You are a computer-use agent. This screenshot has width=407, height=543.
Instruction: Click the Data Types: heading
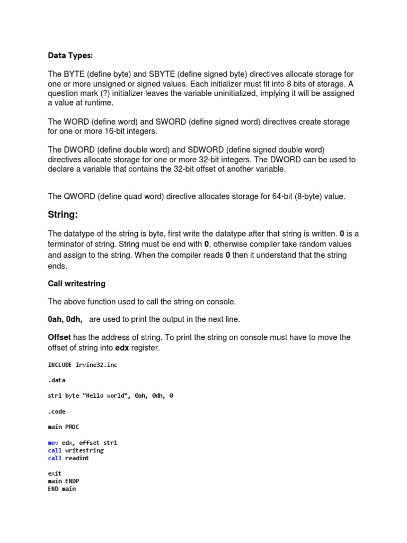tap(70, 55)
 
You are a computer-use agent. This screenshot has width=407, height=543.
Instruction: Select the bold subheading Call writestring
tap(76, 284)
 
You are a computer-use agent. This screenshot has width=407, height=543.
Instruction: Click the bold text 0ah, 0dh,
tap(65, 319)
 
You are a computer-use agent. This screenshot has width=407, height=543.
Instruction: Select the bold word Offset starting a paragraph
tap(59, 338)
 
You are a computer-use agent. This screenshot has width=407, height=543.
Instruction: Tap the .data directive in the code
tap(57, 380)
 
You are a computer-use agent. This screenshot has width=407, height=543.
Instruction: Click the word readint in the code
tap(77, 458)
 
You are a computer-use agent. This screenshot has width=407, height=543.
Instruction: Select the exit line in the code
tap(55, 473)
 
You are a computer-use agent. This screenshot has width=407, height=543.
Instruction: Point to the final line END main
tap(61, 488)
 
